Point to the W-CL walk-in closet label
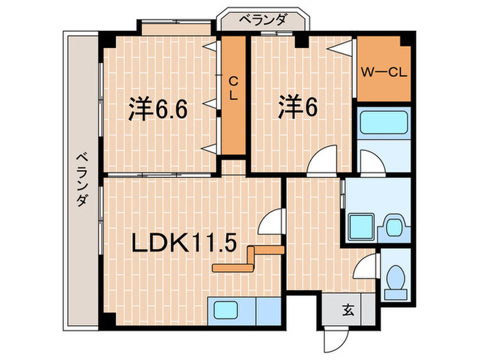click(x=381, y=71)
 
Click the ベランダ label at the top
click(x=263, y=21)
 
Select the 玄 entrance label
click(x=348, y=309)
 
